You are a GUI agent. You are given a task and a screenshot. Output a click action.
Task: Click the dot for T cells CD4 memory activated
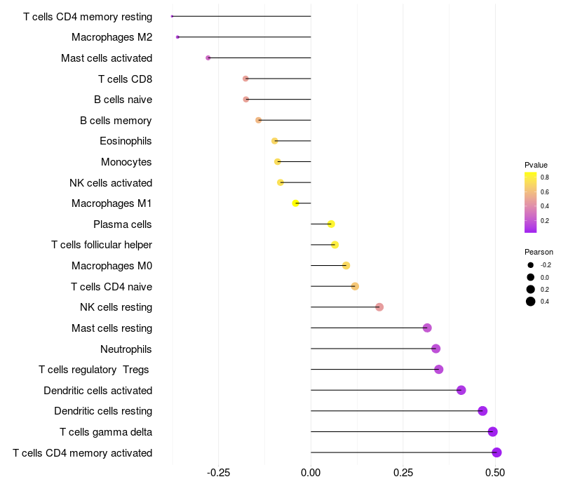[x=496, y=452]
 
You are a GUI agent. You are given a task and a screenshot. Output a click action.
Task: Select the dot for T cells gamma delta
[x=492, y=431]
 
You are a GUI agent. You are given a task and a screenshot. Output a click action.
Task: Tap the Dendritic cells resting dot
[x=482, y=411]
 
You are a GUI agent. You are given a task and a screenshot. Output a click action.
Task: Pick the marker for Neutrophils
[x=435, y=349]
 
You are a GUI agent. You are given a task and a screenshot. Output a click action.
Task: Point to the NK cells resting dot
[x=379, y=307]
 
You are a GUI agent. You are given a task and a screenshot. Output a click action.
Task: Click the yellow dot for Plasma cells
[x=331, y=224]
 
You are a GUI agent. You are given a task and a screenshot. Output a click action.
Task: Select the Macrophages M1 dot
[x=296, y=203]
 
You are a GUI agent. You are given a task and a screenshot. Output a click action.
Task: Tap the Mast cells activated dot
[x=208, y=58]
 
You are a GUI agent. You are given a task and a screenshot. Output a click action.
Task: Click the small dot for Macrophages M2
[x=178, y=37]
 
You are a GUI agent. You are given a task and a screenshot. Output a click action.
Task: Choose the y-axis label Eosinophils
[x=126, y=141]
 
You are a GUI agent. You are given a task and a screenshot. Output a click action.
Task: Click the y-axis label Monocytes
[x=126, y=162]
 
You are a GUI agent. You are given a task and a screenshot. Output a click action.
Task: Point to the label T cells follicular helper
[x=102, y=245]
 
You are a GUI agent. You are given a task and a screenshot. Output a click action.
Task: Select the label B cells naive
[x=123, y=100]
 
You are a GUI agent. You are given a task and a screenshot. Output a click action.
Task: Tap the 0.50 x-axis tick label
[x=495, y=473]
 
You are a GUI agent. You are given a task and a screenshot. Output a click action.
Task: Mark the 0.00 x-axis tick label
[x=311, y=473]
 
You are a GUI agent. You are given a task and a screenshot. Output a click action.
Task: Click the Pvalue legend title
[x=536, y=165]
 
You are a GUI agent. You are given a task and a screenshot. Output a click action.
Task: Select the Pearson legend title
[x=539, y=252]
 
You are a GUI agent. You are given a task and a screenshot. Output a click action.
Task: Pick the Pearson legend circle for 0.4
[x=531, y=302]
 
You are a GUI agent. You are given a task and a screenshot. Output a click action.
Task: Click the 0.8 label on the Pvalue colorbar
[x=545, y=177]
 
